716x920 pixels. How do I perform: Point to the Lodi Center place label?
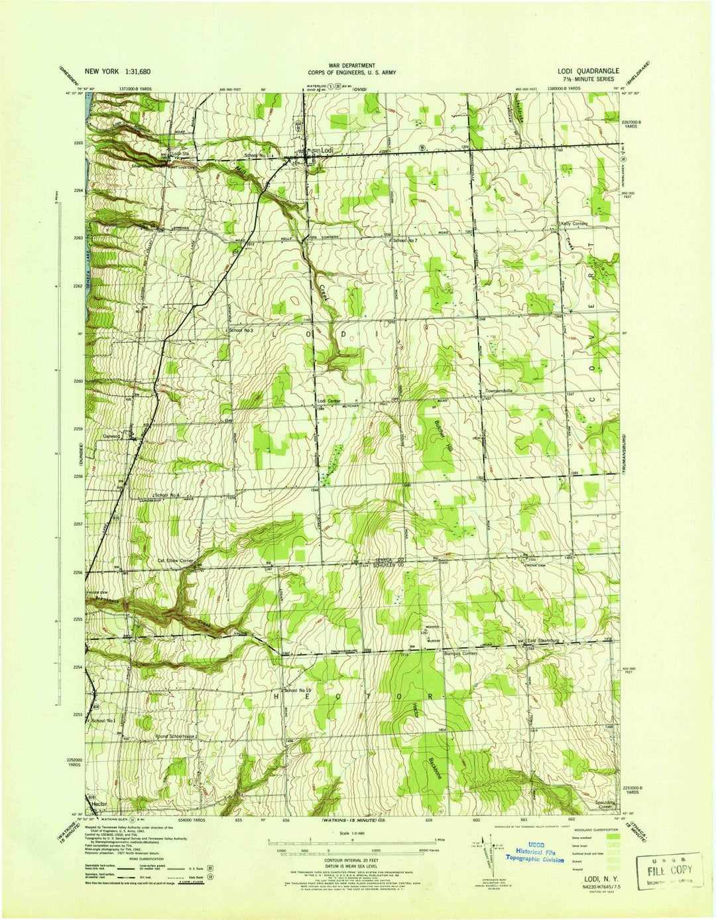coord(328,401)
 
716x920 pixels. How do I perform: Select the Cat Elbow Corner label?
coord(174,561)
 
